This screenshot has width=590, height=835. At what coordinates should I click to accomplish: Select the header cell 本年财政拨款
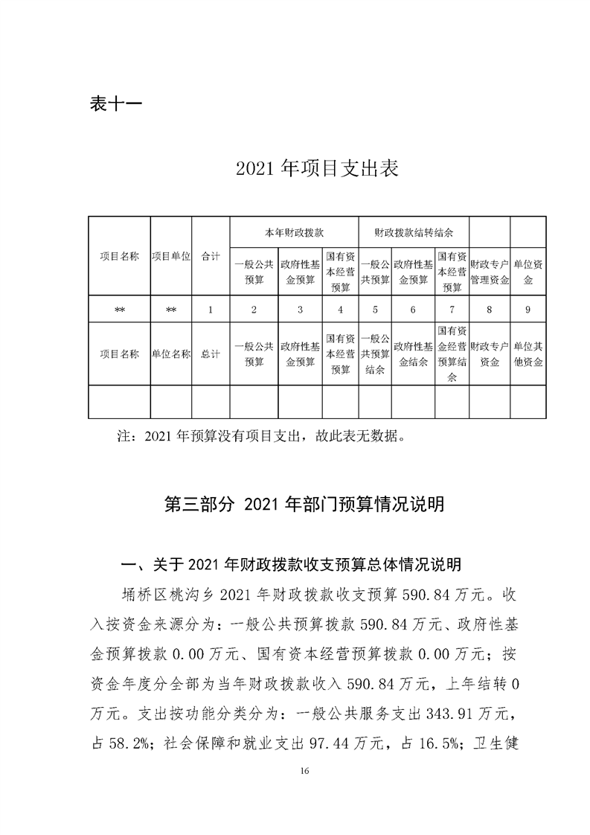(294, 232)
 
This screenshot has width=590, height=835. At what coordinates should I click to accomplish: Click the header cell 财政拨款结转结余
(414, 232)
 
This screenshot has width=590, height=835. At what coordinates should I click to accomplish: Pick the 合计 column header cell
(211, 255)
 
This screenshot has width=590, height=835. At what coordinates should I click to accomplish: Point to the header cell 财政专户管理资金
(490, 272)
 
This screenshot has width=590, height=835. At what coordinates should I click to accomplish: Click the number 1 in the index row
(211, 310)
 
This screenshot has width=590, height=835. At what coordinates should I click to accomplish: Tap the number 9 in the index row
(528, 310)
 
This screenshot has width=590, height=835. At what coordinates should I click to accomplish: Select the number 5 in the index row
(375, 310)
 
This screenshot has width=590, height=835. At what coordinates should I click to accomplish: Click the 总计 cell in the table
(211, 354)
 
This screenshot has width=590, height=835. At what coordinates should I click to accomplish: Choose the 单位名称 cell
(171, 354)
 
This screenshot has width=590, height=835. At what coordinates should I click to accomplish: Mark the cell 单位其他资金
(528, 354)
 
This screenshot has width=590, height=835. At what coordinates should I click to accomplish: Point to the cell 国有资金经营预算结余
(452, 354)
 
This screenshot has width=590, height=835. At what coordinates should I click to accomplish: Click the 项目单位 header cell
(171, 255)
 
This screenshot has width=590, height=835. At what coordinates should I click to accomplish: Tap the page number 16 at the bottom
(304, 790)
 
